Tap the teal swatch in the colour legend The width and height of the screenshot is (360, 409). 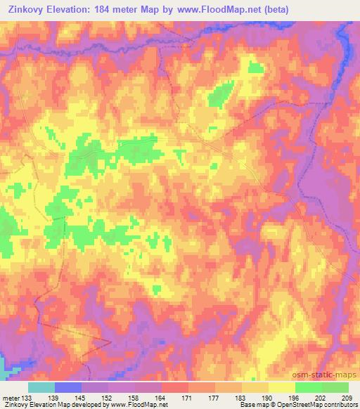[x=41, y=387]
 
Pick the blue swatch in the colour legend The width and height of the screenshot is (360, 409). [x=68, y=387]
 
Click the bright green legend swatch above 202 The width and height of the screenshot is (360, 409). [x=308, y=387]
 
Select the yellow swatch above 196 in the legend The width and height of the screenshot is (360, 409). [x=281, y=387]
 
